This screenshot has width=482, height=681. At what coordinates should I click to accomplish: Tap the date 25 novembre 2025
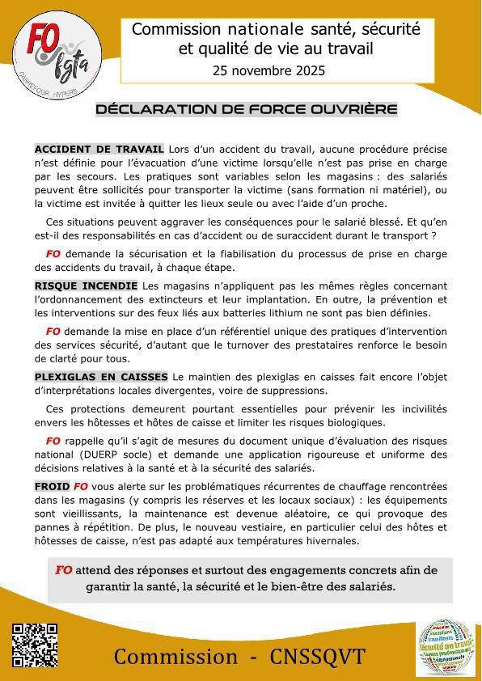click(268, 70)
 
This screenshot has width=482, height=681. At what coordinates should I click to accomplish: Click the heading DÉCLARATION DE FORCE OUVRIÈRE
click(247, 109)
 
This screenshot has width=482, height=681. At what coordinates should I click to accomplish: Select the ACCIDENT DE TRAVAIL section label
click(99, 149)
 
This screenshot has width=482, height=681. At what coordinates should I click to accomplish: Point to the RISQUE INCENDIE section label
click(86, 286)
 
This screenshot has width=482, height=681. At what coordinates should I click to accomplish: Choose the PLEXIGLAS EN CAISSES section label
click(101, 377)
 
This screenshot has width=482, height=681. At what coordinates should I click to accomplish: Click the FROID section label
click(51, 487)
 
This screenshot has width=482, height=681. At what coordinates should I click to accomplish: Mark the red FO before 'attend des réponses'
click(64, 570)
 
